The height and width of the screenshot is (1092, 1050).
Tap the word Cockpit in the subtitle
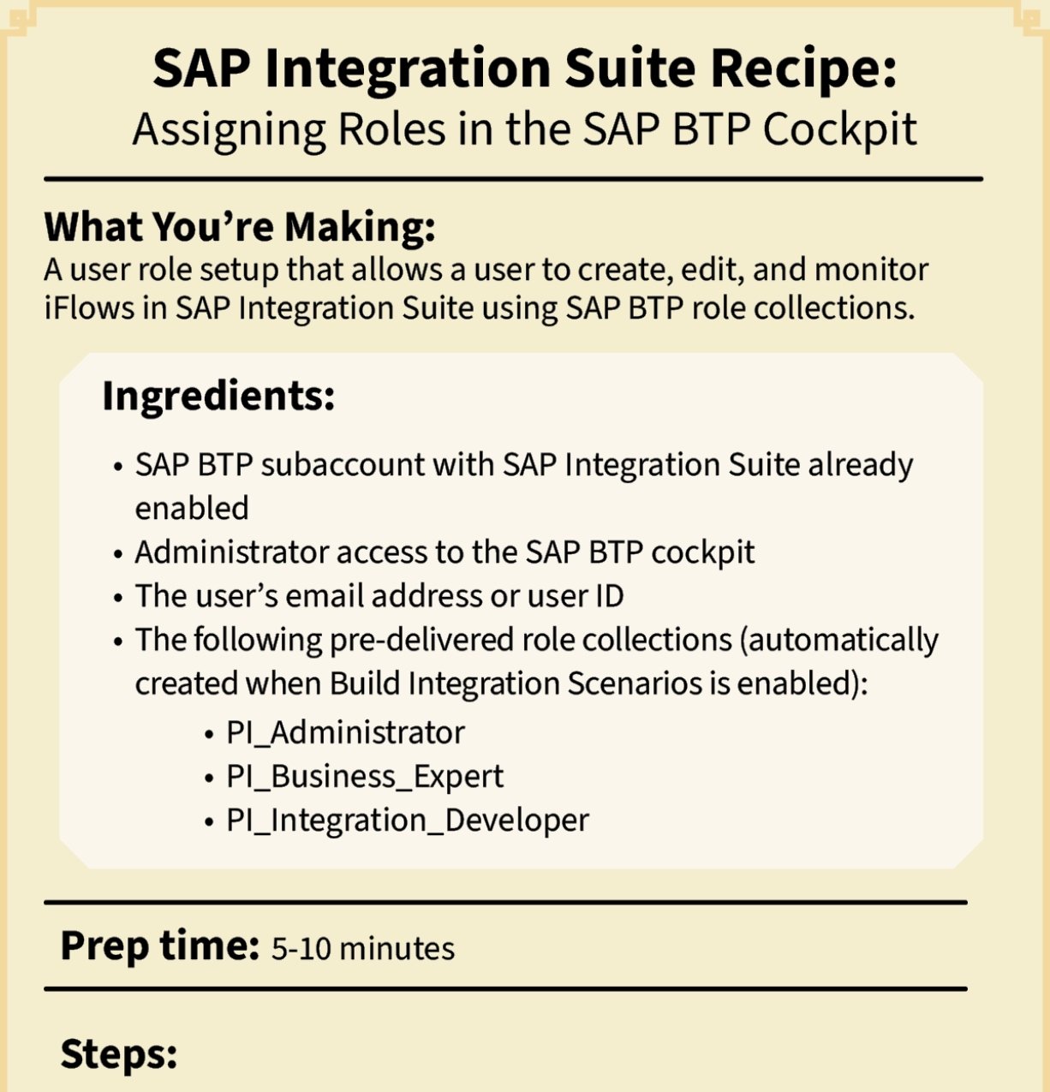[x=839, y=130]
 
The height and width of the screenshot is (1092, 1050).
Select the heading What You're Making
[x=240, y=227]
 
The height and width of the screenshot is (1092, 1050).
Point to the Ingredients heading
[x=218, y=396]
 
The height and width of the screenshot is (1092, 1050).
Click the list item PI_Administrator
[x=345, y=733]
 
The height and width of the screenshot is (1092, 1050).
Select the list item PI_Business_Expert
[x=365, y=777]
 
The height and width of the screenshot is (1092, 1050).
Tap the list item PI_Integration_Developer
[x=408, y=820]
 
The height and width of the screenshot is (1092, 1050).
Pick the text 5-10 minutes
[x=363, y=949]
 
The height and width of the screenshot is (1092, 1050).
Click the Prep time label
[x=159, y=946]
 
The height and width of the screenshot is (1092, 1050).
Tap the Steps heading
[x=118, y=1053]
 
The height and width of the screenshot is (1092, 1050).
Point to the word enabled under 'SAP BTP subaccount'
[x=192, y=509]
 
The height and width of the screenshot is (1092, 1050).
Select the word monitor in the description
[x=871, y=269]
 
